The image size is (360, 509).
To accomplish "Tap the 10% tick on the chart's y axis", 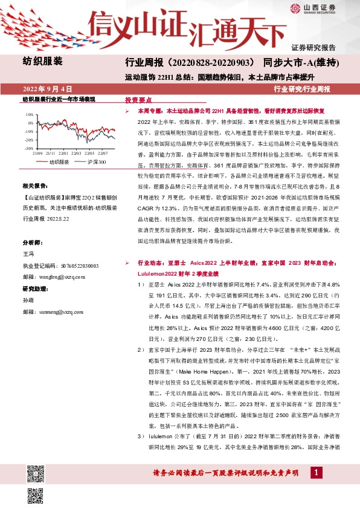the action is click(x=30, y=114).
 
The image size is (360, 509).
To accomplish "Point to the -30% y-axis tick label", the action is click(x=29, y=148).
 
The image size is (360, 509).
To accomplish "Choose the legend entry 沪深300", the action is click(x=97, y=162).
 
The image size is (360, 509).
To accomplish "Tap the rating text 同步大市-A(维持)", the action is click(x=300, y=62).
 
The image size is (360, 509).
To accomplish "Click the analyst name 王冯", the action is click(x=28, y=254).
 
